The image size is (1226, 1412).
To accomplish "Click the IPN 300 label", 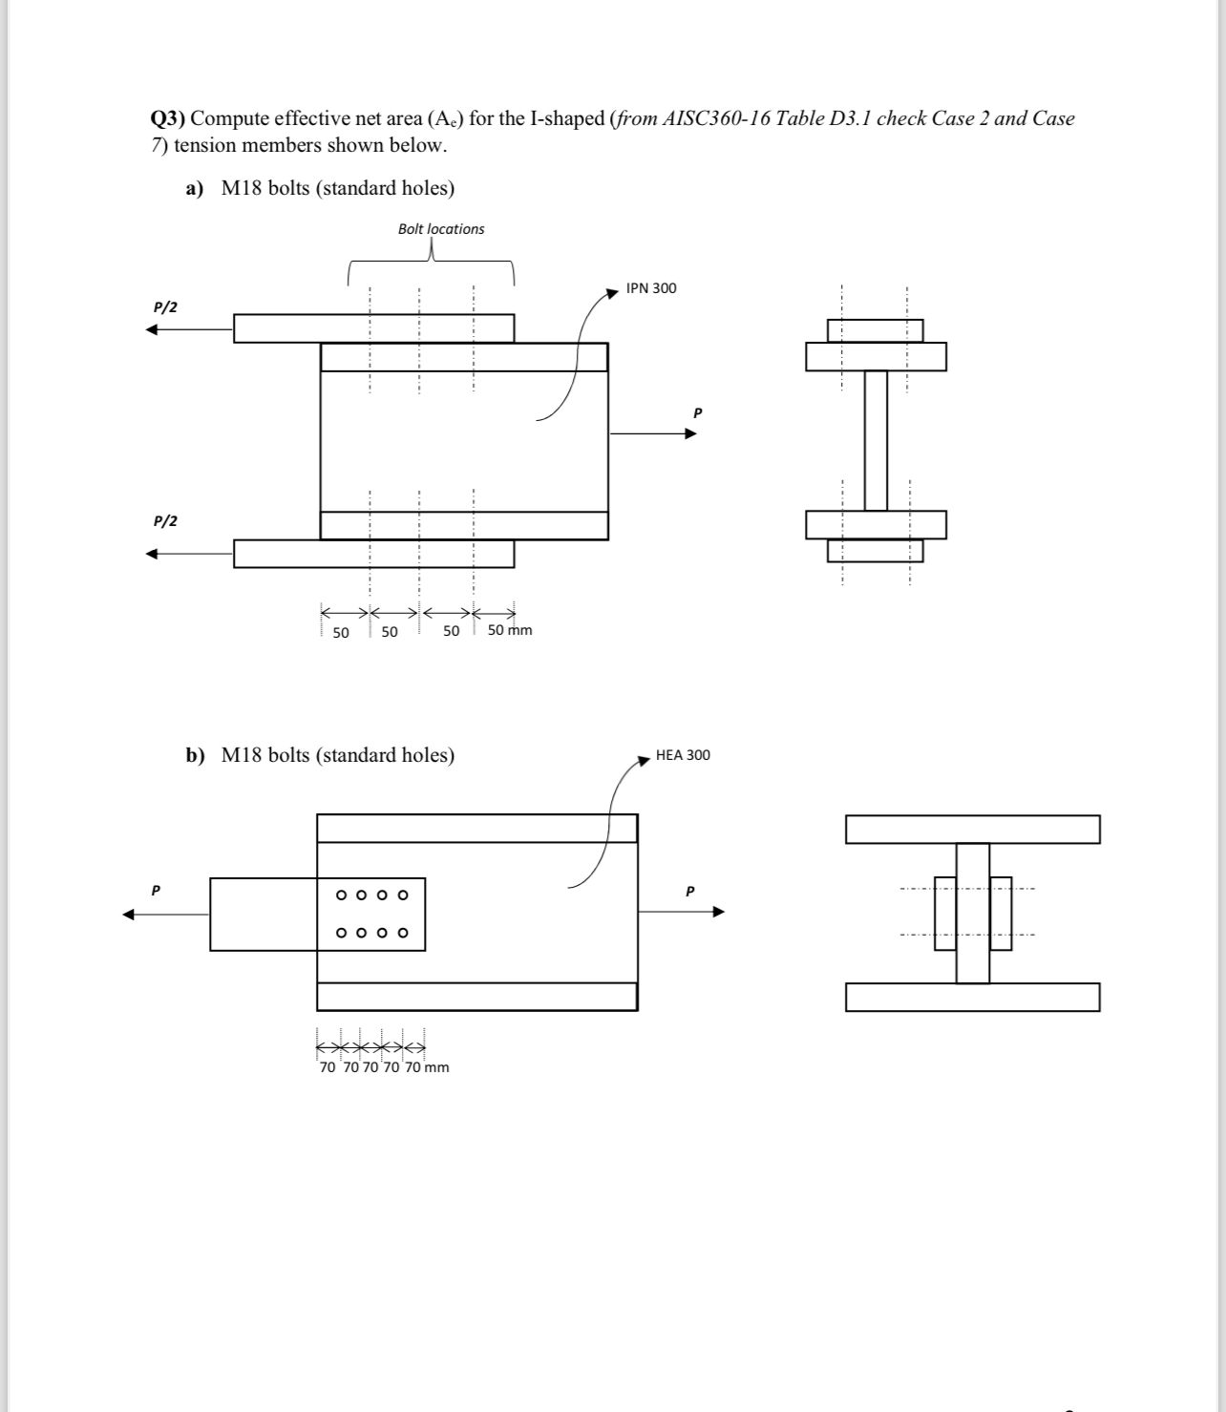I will point(651,288).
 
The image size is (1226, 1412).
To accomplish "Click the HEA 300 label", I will point(683,755).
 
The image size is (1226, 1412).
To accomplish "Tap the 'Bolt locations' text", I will point(441,229).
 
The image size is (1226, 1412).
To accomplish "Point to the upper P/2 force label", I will point(165,307).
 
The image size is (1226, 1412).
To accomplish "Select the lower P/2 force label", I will point(165,521).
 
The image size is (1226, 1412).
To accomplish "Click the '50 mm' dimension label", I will point(510,630).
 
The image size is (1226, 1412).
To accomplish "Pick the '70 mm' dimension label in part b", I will point(427,1067).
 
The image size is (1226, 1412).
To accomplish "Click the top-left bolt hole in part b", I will point(341,896).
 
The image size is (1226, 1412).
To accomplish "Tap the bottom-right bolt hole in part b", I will point(403,933).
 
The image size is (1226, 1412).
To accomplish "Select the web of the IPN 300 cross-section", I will point(876,440).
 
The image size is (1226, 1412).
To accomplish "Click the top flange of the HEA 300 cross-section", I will point(972,830).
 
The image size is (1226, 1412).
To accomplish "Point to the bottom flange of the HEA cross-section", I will point(972,997).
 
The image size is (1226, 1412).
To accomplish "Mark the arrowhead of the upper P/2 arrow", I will point(151,329).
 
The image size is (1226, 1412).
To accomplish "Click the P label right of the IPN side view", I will point(697,412).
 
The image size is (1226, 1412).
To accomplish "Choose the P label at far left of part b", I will point(156,890).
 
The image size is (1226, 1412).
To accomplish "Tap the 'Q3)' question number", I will point(168,118).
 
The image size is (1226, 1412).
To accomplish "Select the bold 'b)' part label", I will point(195,755).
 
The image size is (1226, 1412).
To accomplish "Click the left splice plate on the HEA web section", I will point(944,913).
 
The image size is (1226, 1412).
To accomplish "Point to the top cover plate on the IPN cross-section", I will point(875,330).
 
